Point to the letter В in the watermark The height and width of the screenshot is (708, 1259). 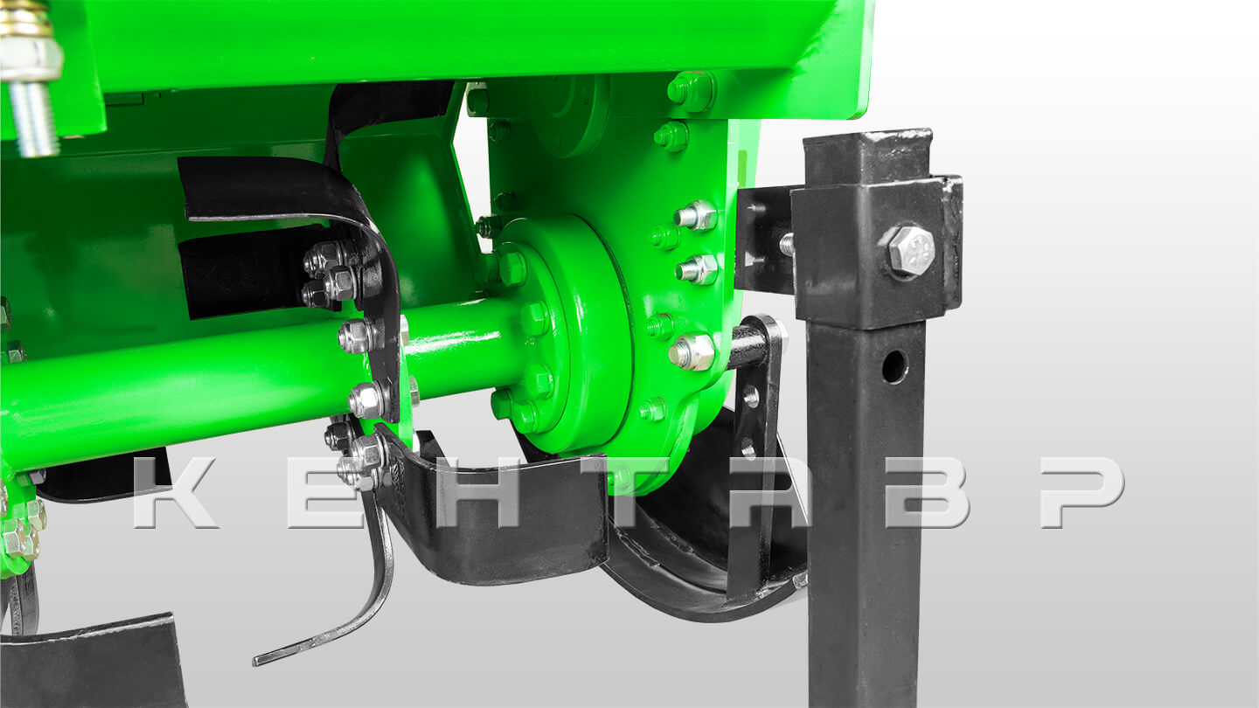pyautogui.click(x=928, y=492)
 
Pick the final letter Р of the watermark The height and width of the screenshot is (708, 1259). pyautogui.click(x=1082, y=492)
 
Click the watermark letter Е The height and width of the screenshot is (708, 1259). pyautogui.click(x=326, y=492)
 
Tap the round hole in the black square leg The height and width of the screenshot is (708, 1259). pyautogui.click(x=894, y=366)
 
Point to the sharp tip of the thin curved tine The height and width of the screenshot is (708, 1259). pyautogui.click(x=255, y=662)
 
